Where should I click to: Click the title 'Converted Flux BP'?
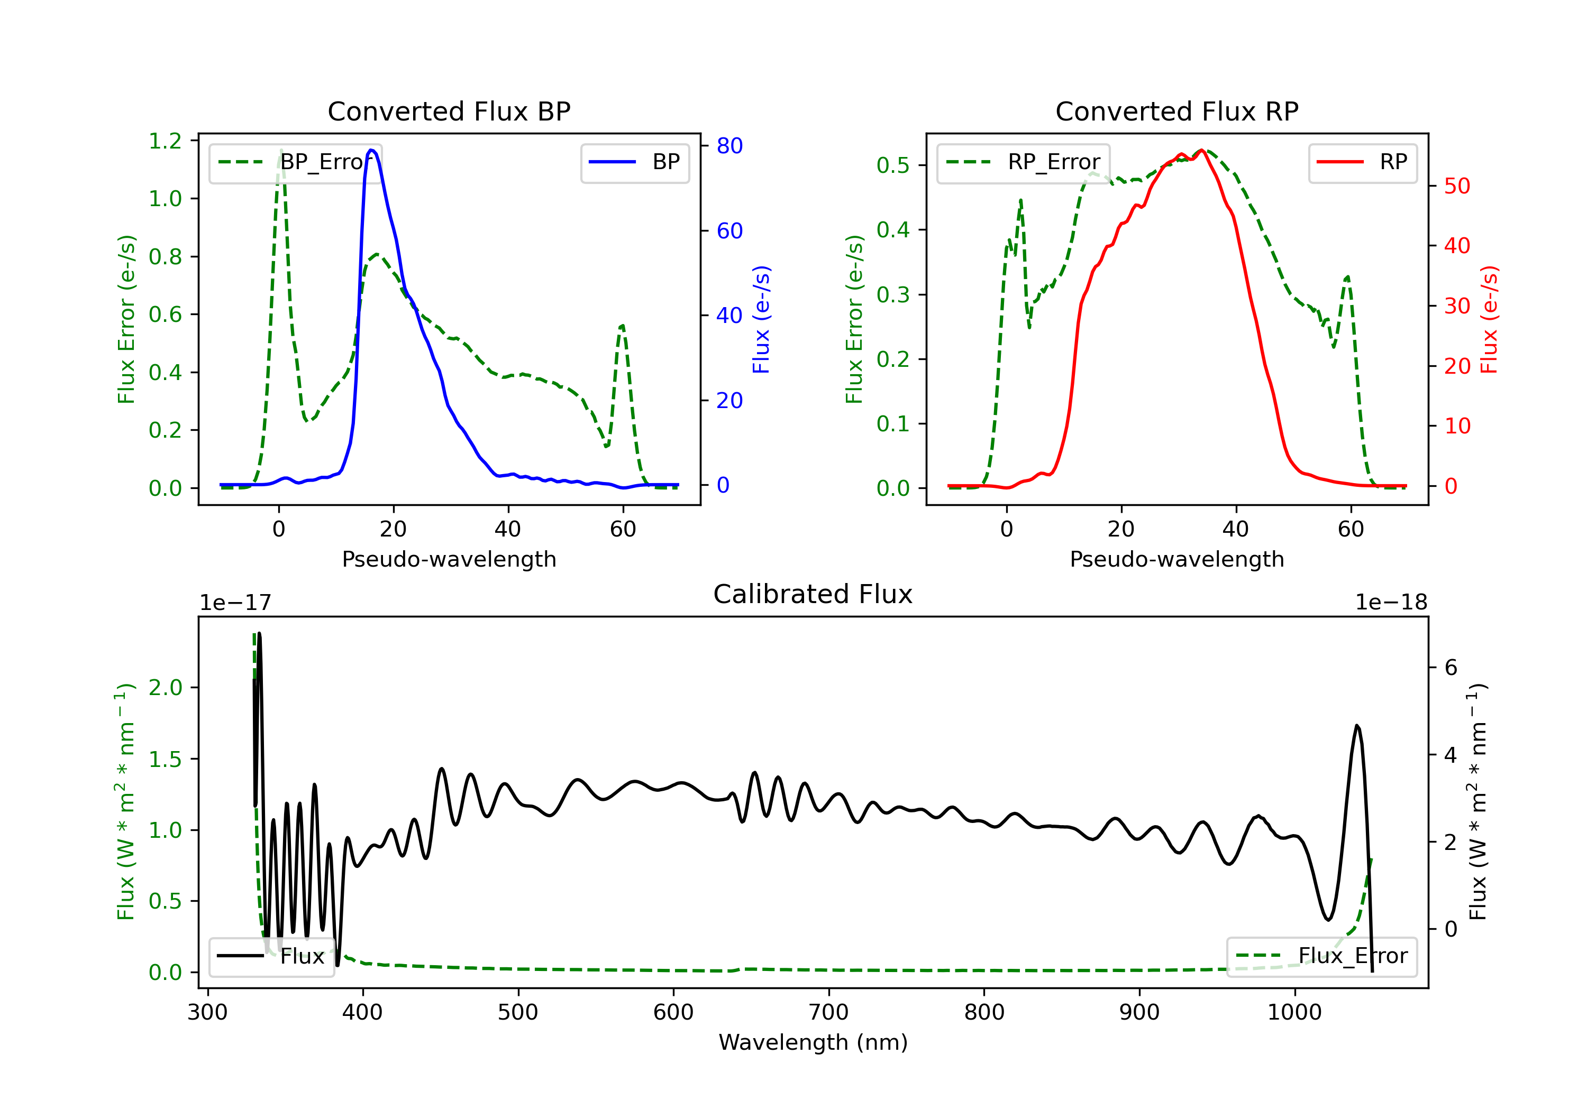tap(449, 111)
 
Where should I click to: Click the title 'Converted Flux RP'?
tap(1176, 111)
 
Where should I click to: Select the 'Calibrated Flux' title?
tap(813, 594)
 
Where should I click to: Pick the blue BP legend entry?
tap(634, 162)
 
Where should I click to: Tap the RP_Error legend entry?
tap(1023, 162)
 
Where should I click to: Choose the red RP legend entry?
tap(1362, 162)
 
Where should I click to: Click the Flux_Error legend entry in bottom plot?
tap(1321, 956)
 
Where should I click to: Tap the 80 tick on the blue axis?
tap(729, 146)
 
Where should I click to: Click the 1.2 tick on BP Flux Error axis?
tap(165, 141)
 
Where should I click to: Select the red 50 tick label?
tap(1456, 186)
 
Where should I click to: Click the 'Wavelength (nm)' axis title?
tap(813, 1042)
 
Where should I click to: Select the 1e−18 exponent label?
tap(1391, 603)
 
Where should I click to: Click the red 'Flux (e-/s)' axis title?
tap(1488, 319)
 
